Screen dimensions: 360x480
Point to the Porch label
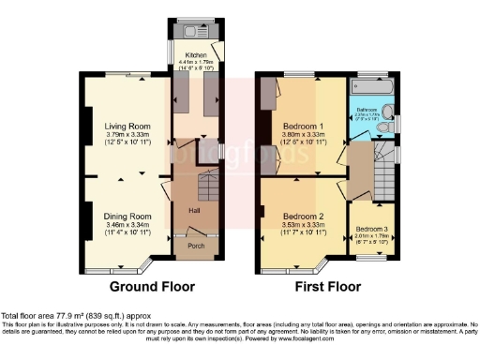196,247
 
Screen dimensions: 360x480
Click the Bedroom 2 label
302,216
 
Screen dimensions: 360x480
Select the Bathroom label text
366,110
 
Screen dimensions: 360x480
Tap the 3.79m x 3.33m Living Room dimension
127,133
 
